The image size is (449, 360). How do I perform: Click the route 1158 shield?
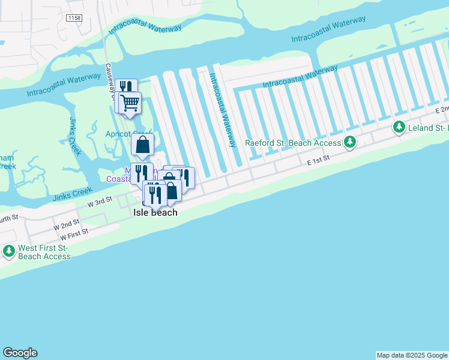coord(74,19)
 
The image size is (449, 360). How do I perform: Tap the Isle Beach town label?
coord(155,212)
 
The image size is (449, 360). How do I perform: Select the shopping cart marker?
coord(130,103)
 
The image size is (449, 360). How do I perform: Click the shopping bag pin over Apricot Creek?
coord(143,145)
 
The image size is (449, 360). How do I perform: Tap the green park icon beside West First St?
coord(9,251)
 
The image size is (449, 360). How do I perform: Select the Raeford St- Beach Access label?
coord(294,143)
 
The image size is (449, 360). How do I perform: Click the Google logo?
coord(19,353)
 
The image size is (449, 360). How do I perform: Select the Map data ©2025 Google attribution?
coord(412,355)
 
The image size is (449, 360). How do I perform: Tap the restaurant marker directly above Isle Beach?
coord(154,193)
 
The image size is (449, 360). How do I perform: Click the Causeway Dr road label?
coord(110,80)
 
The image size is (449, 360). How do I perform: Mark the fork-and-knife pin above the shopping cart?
coord(125,88)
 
